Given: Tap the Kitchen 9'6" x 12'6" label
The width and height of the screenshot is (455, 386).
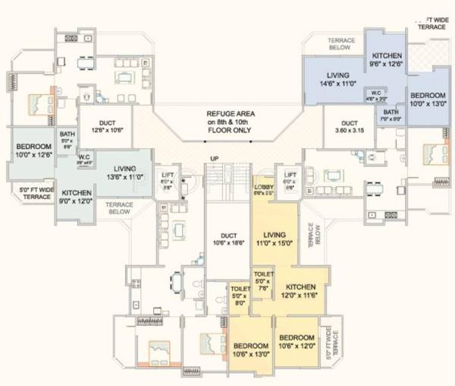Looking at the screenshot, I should point(387,61).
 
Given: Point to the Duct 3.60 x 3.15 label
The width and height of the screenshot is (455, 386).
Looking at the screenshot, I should point(350,126).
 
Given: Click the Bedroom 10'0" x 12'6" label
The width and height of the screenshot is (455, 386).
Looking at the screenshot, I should point(34,150).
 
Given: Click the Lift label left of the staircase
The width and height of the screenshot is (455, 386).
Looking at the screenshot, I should point(167,180).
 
